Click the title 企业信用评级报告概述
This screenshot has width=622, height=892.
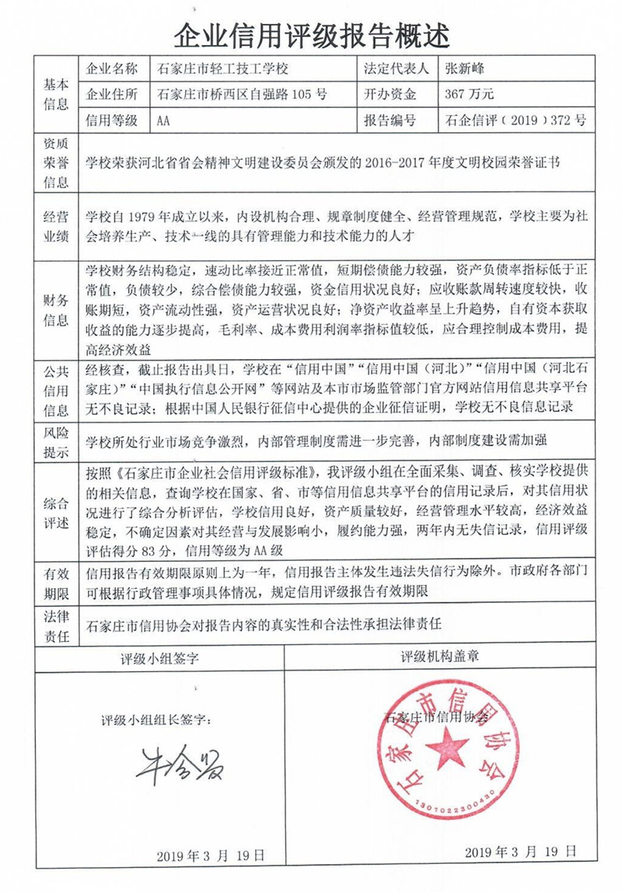(x=311, y=34)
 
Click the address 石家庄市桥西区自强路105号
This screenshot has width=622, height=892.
(x=242, y=95)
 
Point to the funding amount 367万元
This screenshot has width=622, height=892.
(x=466, y=95)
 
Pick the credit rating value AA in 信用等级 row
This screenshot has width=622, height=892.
(x=163, y=120)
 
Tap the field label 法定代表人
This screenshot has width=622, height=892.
(x=396, y=68)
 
